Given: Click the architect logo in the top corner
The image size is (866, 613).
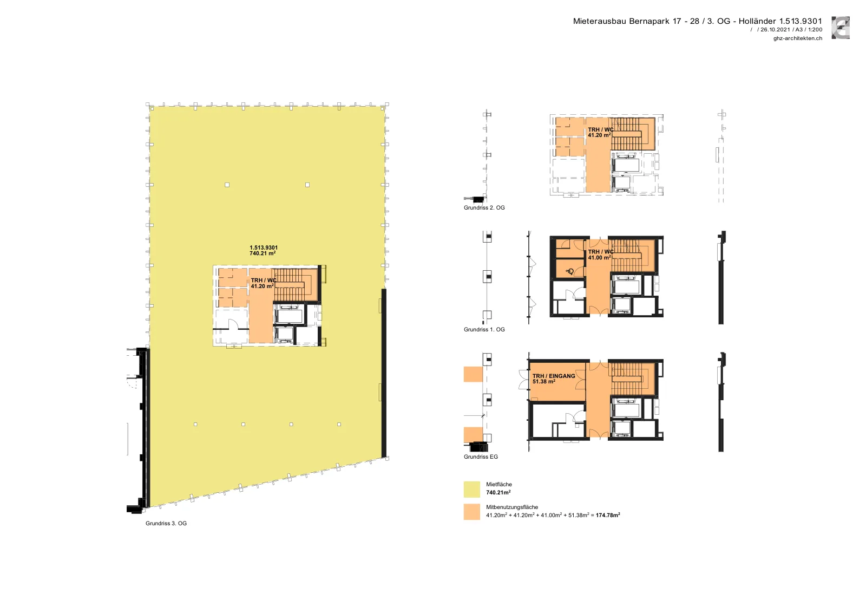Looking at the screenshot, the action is [841, 28].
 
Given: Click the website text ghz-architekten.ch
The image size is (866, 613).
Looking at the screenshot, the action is [798, 38].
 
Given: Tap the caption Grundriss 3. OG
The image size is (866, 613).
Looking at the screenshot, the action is [166, 523].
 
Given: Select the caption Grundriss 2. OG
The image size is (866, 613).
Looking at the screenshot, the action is [484, 208].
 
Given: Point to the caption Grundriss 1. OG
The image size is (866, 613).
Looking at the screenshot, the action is [484, 329].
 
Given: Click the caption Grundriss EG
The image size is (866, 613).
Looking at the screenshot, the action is [481, 457].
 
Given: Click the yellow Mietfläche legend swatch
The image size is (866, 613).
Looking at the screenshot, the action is [471, 489].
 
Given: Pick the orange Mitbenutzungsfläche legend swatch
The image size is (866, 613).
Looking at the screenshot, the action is [471, 512].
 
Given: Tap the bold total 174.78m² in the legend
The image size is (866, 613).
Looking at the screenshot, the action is [608, 515].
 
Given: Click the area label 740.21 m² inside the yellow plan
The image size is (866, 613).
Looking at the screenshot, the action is [263, 253].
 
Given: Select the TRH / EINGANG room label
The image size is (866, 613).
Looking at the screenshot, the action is [554, 376].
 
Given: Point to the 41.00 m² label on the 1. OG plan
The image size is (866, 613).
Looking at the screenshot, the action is [599, 258].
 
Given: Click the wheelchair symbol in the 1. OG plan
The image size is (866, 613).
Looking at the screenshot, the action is [569, 271].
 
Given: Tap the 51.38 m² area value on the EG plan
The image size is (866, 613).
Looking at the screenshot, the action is [543, 382].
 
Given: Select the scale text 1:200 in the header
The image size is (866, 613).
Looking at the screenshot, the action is [815, 29].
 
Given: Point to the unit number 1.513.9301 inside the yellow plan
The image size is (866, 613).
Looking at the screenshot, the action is [263, 247].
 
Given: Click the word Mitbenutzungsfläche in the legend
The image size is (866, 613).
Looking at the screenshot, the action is [512, 507].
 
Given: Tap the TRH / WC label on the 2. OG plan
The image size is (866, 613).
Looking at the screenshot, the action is [600, 129].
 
